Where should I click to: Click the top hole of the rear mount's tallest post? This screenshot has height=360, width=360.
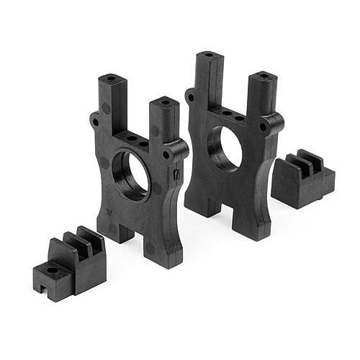[208, 54]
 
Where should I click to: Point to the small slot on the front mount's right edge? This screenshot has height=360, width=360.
[177, 174]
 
